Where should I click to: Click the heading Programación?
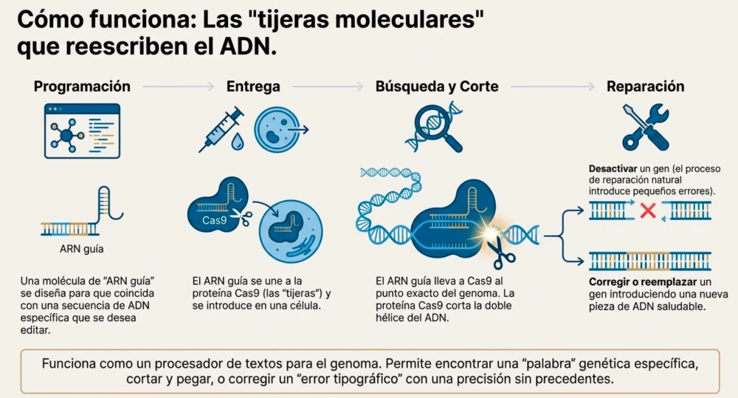(x=82, y=86)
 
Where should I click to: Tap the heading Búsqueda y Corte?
(x=437, y=86)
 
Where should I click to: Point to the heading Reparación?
(x=645, y=86)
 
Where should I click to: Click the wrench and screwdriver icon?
(x=645, y=127)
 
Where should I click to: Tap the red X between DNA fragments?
(x=648, y=211)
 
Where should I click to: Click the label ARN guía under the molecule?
(x=82, y=248)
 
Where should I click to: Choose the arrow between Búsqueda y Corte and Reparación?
(x=552, y=87)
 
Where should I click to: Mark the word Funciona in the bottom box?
(x=70, y=364)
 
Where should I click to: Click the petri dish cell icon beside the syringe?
(x=277, y=129)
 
